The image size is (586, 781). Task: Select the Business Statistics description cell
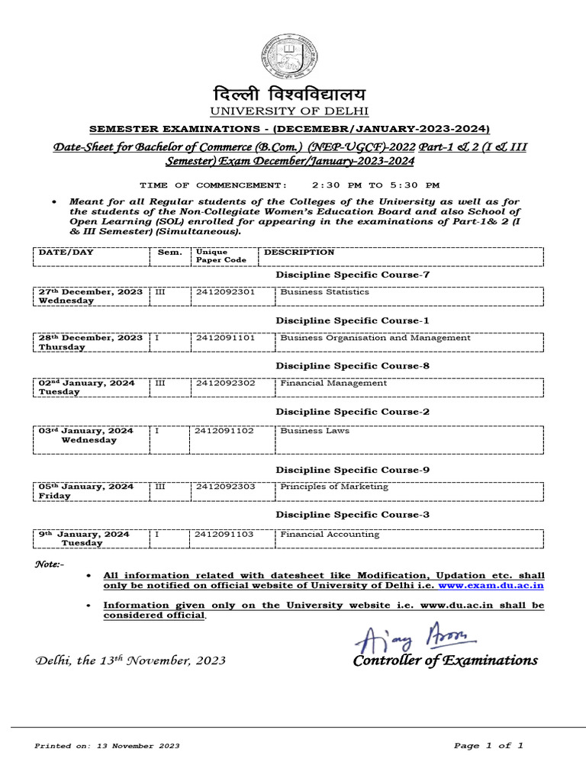point(324,291)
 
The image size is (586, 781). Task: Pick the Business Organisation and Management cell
point(375,338)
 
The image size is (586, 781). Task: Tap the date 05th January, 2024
point(86,487)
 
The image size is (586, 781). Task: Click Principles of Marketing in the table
point(333,487)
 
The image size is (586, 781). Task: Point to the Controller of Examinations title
point(445,660)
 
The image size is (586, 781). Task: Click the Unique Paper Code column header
point(221,256)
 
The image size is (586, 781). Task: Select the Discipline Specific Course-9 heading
point(353,470)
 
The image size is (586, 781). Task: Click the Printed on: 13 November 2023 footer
point(107,746)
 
